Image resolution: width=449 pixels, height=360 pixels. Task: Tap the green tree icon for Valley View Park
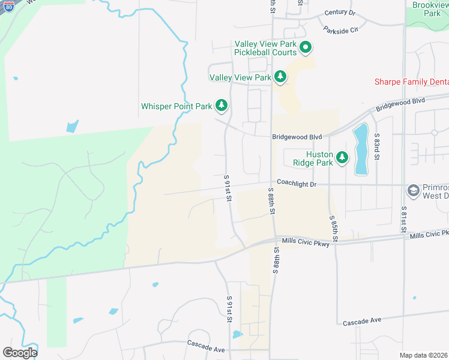(280, 77)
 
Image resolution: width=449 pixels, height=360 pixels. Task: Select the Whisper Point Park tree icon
(221, 106)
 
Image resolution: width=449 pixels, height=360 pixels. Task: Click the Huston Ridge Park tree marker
(342, 158)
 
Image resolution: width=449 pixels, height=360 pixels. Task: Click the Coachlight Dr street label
(296, 184)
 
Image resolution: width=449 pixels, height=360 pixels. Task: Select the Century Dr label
(340, 13)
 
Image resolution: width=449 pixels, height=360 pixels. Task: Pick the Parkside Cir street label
(340, 29)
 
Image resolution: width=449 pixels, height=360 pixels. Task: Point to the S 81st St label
(404, 219)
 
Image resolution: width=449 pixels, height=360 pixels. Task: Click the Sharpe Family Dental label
(411, 82)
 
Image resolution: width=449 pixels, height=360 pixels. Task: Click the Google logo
(20, 353)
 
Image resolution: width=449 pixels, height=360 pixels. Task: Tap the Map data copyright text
(423, 355)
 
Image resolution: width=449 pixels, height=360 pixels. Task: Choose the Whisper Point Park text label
(176, 106)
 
